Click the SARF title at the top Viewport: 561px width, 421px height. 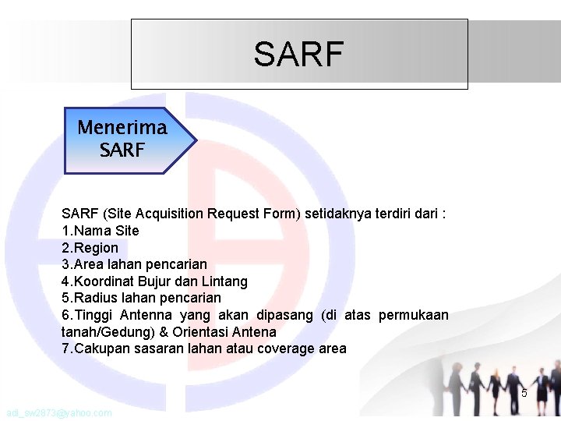298,55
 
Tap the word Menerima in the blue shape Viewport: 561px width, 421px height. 122,127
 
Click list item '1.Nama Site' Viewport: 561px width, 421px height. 100,231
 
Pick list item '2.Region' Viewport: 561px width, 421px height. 90,248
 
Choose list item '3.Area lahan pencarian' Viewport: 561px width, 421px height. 134,264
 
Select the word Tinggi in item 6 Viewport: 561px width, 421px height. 95,315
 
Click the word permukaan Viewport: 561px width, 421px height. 413,315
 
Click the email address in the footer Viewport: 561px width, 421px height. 58,412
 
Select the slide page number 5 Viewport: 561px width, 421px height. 524,393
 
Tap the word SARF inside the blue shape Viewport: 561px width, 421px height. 122,149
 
